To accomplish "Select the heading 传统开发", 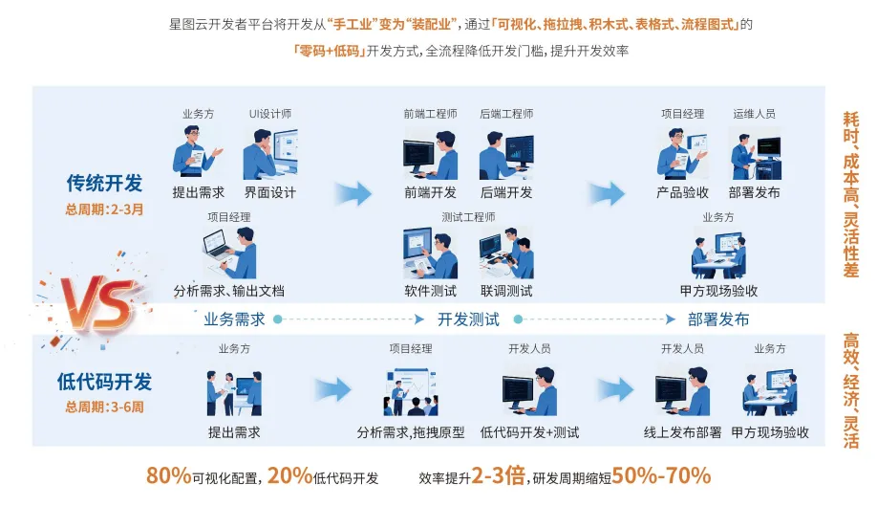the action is [x=104, y=183].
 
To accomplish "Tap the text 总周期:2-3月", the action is [x=104, y=209].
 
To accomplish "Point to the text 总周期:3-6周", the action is [x=104, y=407].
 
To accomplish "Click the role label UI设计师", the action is [x=270, y=114].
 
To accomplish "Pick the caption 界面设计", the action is [x=270, y=192].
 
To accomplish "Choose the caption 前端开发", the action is [x=430, y=192].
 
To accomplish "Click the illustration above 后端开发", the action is [x=506, y=155].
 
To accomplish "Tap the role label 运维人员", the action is [x=754, y=114].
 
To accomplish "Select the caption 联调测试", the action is [x=506, y=291].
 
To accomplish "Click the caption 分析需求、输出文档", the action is [x=228, y=291].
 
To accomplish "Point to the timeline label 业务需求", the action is [x=234, y=319].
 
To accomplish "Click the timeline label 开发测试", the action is [x=468, y=319].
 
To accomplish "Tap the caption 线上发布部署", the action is [x=682, y=432].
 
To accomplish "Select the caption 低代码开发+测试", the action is [x=529, y=432].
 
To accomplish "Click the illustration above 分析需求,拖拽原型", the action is [x=411, y=391].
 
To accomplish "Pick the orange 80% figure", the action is [x=169, y=475].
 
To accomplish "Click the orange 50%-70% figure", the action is [x=661, y=475].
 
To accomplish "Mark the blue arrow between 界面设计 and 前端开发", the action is [x=353, y=193].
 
